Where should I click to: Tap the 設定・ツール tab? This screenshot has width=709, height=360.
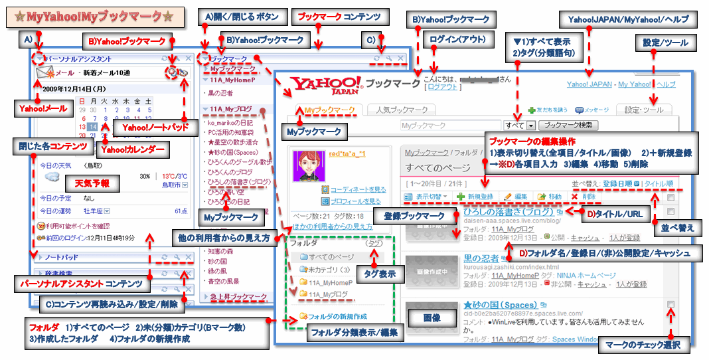643,110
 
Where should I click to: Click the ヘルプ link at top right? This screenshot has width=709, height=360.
665,84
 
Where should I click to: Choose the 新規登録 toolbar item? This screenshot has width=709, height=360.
475,197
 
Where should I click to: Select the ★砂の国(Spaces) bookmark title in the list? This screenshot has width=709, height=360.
500,305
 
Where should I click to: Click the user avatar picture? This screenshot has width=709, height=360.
307,171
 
